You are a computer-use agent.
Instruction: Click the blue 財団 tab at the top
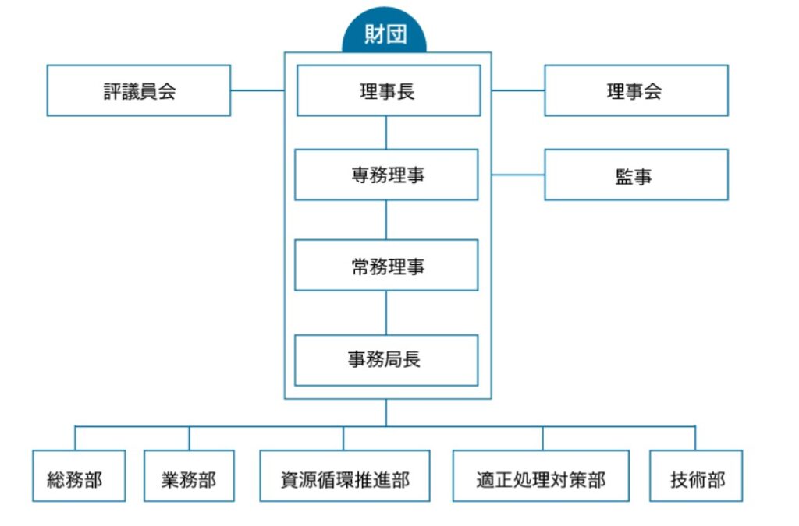pos(385,35)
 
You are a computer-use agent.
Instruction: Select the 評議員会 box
pos(139,90)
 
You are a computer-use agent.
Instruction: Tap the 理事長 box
pos(388,90)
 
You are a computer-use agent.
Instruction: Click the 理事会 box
pos(636,90)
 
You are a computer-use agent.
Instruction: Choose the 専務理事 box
pos(386,175)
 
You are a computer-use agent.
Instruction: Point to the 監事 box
pos(636,175)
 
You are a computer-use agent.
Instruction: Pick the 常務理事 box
pos(386,265)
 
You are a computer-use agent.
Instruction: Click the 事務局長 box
pos(386,360)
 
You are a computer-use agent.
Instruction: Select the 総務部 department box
pos(79,476)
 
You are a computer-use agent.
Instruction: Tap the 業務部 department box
pos(190,476)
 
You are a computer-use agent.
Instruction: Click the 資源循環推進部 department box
pos(344,476)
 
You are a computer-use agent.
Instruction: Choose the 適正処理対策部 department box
pos(541,476)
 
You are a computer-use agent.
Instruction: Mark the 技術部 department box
pos(696,476)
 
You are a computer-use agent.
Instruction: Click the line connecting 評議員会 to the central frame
pos(257,90)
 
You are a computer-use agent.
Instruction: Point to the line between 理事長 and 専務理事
pos(386,132)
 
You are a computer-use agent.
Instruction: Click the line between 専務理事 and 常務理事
pos(386,220)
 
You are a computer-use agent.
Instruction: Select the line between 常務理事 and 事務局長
pos(386,312)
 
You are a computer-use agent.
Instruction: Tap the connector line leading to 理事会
pos(518,90)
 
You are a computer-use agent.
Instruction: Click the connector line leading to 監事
pos(518,175)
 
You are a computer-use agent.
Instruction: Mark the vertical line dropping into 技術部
pos(695,438)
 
